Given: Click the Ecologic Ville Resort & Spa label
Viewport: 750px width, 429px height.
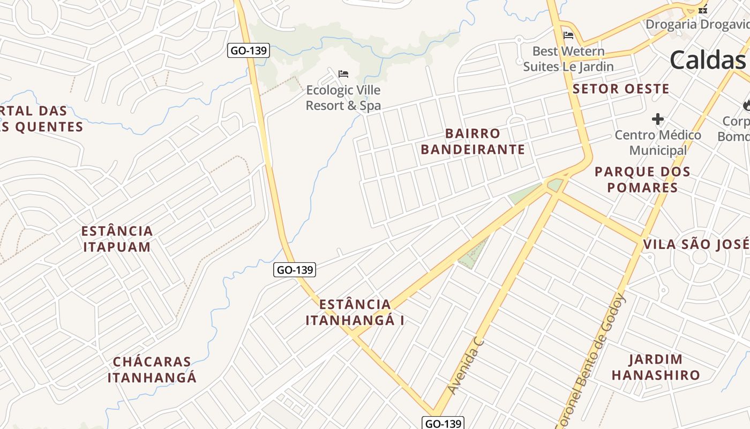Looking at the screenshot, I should click(x=343, y=98).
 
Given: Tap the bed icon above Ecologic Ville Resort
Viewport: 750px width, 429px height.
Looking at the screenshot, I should click(x=343, y=73).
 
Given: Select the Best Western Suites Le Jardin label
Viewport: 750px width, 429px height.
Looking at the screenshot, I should click(x=568, y=59).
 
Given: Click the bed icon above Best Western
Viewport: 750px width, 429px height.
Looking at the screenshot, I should click(x=568, y=36).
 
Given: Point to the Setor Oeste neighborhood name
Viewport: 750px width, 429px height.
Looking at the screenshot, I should click(x=621, y=89).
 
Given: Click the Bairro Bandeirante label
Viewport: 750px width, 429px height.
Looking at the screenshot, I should click(x=472, y=142).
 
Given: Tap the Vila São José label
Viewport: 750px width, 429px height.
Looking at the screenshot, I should click(x=696, y=245).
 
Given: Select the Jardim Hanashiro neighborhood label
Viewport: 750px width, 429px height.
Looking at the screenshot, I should click(x=656, y=367).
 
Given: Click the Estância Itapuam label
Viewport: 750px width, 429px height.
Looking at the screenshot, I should click(x=117, y=239).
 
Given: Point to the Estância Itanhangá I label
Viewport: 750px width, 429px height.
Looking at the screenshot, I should click(x=355, y=313).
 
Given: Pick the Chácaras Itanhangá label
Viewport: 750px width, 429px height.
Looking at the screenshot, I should click(x=152, y=369).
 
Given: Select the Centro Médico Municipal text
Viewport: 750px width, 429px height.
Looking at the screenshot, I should click(x=657, y=143).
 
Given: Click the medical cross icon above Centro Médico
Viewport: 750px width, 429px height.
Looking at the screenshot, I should click(x=658, y=119).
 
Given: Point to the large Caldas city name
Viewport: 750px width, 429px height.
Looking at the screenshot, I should click(x=707, y=60).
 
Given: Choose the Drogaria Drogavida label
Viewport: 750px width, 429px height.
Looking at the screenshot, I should click(x=696, y=24).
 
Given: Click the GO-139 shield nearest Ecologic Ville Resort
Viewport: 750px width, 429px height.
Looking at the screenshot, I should click(x=249, y=51).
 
